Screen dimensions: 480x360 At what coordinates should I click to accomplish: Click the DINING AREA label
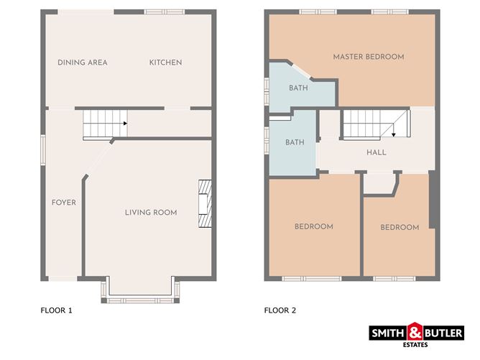click(x=83, y=63)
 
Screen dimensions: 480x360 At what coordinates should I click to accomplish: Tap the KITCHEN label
click(x=165, y=63)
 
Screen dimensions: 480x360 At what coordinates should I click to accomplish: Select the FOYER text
click(x=64, y=203)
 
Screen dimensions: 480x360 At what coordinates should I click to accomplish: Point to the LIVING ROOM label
click(x=151, y=213)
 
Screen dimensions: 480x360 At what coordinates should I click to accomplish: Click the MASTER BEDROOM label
click(x=369, y=57)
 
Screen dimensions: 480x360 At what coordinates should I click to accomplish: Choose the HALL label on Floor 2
click(x=377, y=152)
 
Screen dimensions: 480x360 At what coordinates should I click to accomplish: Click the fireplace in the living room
click(x=205, y=203)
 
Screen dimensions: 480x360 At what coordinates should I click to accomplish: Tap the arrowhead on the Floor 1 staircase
click(x=125, y=124)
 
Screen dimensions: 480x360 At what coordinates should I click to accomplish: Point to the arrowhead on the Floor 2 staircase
click(x=393, y=134)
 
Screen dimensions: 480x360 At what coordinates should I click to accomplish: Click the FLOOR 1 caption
click(x=56, y=310)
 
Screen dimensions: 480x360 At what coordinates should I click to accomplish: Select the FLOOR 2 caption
click(x=280, y=310)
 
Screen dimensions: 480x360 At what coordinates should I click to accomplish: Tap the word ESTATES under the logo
click(x=415, y=345)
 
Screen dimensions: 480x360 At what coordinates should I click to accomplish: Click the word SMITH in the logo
click(x=388, y=333)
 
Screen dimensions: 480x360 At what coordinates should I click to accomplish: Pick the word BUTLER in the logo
click(x=443, y=333)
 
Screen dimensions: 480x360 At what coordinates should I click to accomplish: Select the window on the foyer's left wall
click(x=43, y=150)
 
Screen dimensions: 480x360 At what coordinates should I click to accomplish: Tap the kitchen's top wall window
click(x=165, y=12)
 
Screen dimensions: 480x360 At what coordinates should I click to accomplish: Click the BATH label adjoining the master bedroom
click(x=298, y=88)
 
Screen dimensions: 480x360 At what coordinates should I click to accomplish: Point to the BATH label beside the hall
click(x=295, y=142)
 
